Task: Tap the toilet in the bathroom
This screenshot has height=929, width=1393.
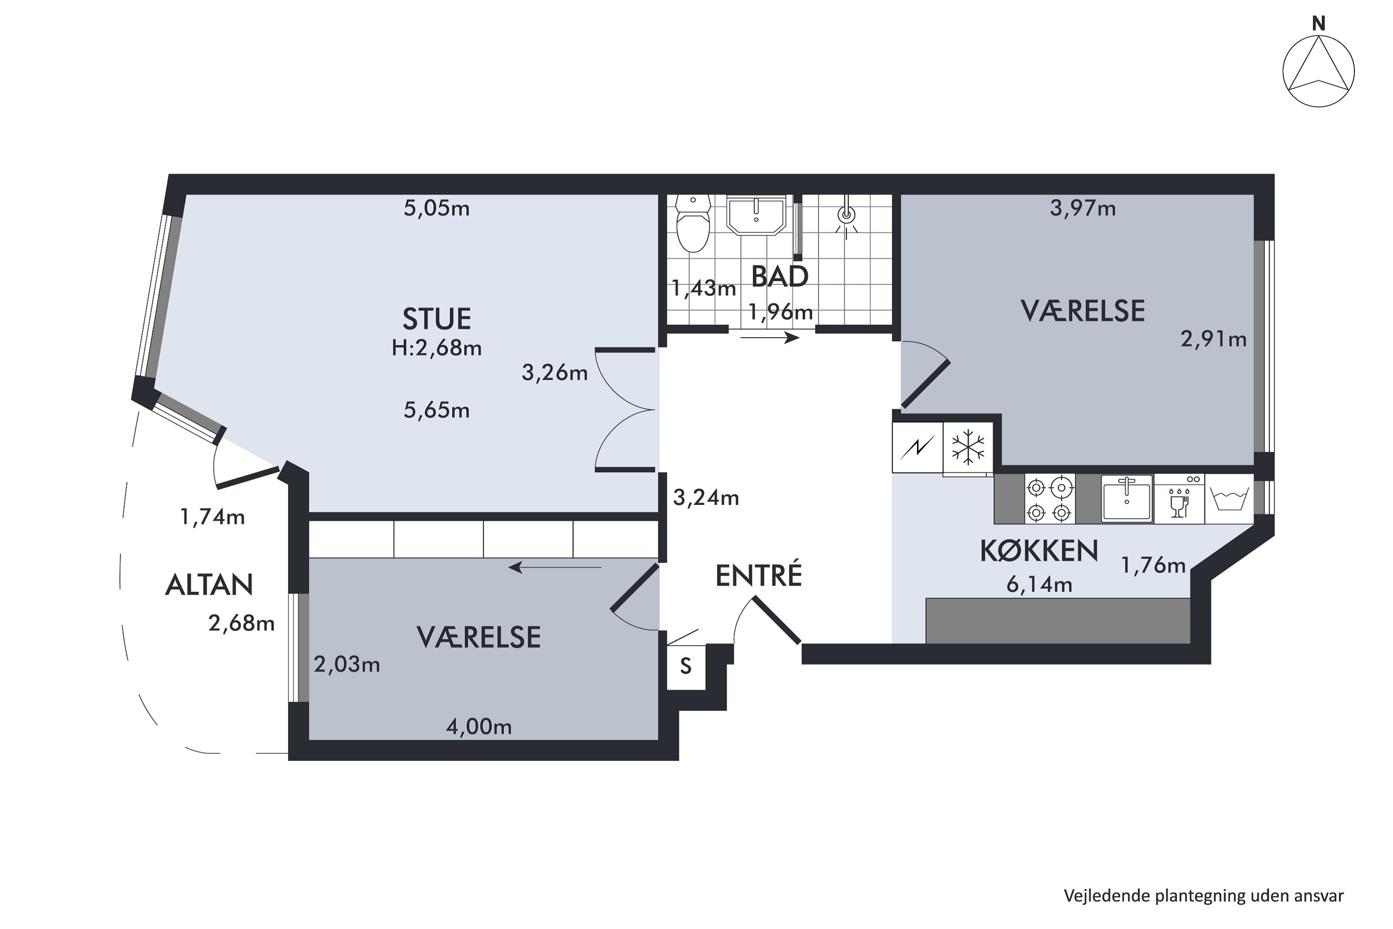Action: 693,223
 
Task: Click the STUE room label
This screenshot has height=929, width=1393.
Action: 436,319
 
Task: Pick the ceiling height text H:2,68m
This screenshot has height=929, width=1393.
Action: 436,348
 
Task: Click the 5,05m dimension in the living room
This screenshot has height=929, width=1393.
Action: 436,209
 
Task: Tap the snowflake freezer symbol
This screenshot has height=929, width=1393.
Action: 968,447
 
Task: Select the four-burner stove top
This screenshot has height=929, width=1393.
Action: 1049,499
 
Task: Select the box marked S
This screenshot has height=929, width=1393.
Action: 686,667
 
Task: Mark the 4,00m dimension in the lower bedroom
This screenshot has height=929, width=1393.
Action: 479,727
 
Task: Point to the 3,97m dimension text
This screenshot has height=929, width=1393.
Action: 1083,209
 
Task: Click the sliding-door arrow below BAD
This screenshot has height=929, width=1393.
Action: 770,338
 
